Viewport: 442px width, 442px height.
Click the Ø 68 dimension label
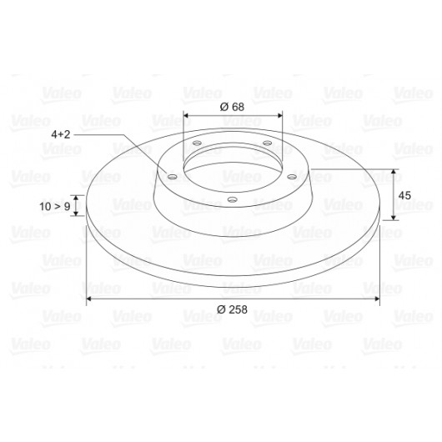point(232,107)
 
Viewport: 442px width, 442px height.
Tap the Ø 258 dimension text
point(232,309)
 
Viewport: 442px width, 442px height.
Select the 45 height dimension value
point(404,195)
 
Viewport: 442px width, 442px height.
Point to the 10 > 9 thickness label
point(55,206)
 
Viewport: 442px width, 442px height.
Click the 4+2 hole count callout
point(60,134)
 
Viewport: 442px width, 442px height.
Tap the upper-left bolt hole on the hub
point(197,143)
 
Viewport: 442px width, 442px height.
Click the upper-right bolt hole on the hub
point(267,143)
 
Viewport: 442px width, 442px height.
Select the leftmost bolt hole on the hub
point(172,177)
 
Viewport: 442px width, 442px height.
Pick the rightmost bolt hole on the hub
point(292,177)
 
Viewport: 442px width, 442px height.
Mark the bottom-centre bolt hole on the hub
point(232,200)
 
